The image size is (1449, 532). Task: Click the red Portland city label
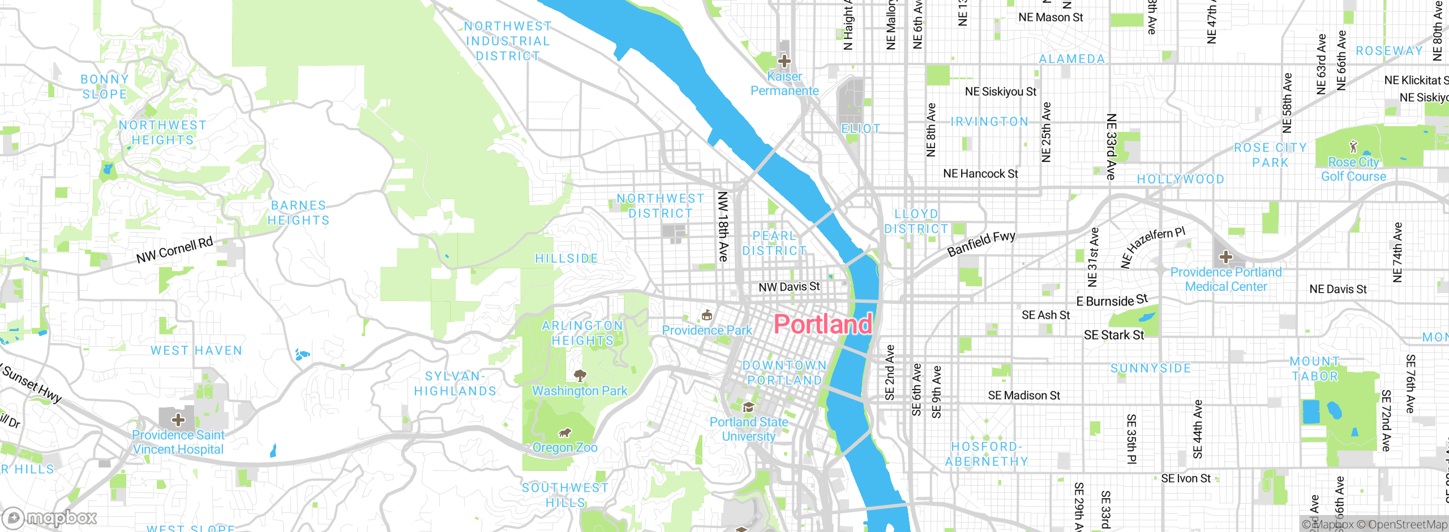point(822,324)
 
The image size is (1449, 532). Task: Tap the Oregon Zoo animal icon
point(564,434)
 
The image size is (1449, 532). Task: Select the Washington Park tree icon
point(580,375)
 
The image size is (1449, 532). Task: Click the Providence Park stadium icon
point(706,315)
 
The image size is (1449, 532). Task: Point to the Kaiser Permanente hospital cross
point(784,61)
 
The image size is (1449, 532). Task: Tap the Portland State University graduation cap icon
point(748,407)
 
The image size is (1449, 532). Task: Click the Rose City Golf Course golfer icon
point(1353,147)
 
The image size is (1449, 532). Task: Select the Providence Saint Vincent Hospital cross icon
point(178,420)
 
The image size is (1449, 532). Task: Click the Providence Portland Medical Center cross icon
point(1226,258)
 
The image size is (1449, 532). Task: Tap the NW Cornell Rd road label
point(174,250)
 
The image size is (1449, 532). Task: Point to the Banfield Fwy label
point(981,244)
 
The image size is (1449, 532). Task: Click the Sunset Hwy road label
point(31,385)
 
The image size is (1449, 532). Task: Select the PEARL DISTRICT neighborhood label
point(774,243)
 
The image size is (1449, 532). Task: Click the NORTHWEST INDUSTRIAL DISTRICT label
point(508,41)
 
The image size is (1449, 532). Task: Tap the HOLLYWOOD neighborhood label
point(1181,179)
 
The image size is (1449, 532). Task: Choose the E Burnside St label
point(1112,301)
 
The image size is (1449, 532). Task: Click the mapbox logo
point(50,518)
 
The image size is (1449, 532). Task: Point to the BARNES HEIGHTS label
point(298,213)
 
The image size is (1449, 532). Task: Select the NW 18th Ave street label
point(723,226)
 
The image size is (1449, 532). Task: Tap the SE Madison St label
point(1024,396)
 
